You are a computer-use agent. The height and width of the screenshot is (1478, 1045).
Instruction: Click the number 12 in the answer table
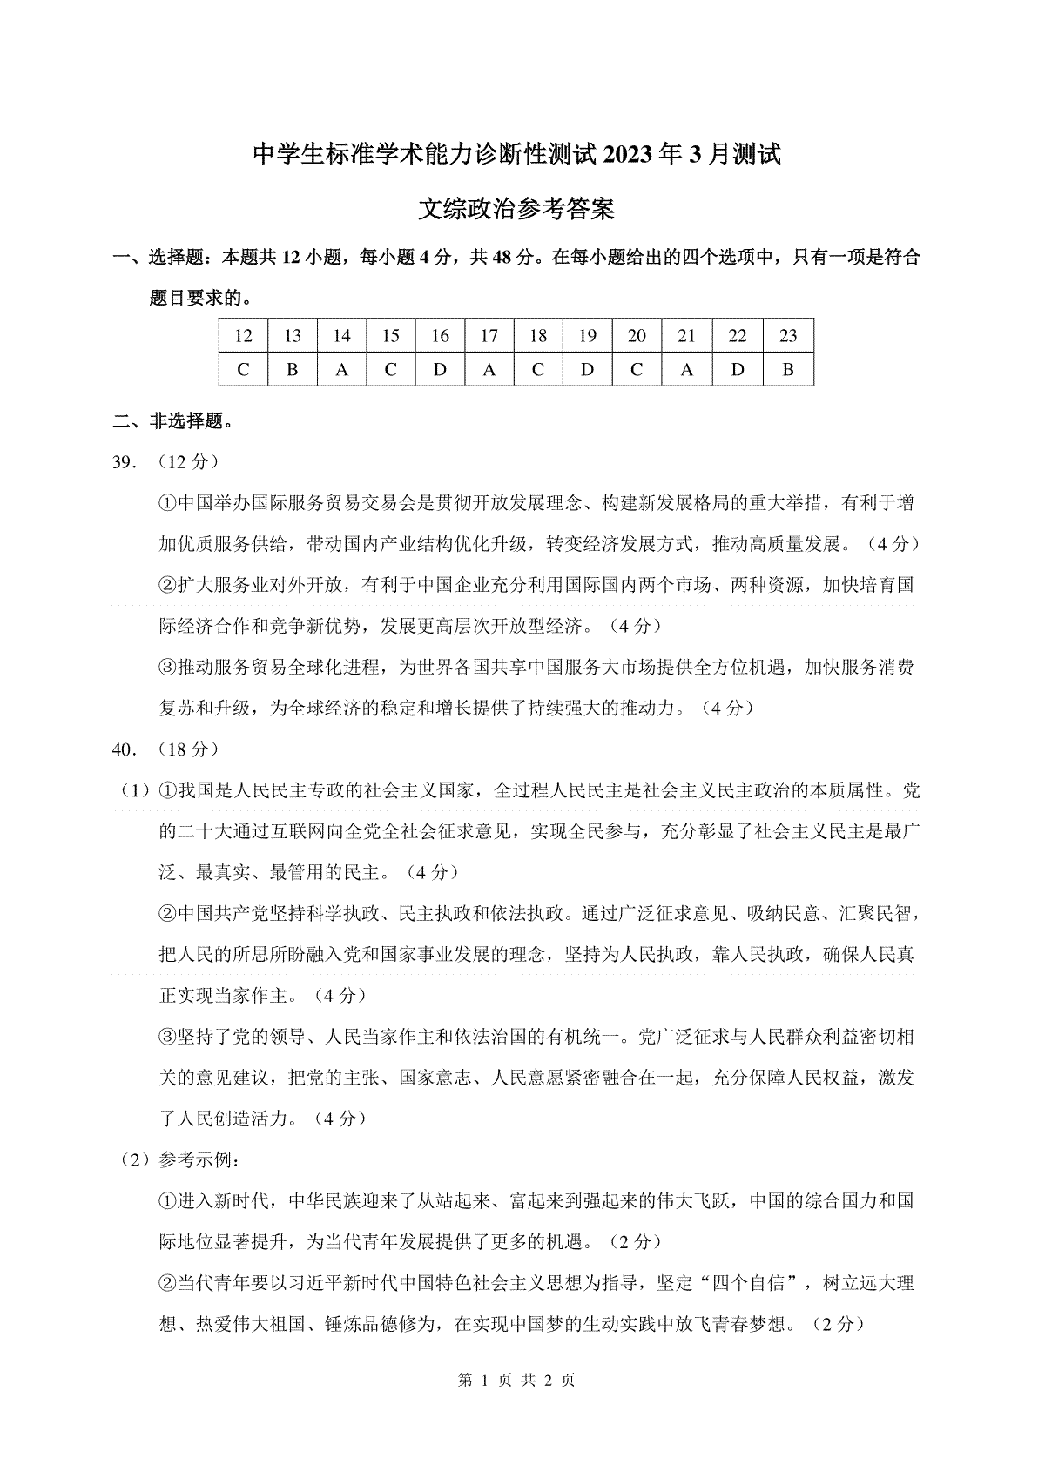[x=243, y=336]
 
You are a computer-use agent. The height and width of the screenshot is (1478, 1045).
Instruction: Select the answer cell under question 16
[x=440, y=370]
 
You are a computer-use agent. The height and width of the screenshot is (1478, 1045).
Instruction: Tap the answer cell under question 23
[x=788, y=370]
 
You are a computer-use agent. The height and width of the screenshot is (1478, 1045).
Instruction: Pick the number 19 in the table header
[x=588, y=336]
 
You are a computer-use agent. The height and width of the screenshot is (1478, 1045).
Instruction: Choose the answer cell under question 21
[x=687, y=370]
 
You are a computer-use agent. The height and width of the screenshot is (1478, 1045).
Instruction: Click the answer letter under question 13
[x=293, y=370]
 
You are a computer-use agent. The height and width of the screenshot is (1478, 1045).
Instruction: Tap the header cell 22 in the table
[x=738, y=336]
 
